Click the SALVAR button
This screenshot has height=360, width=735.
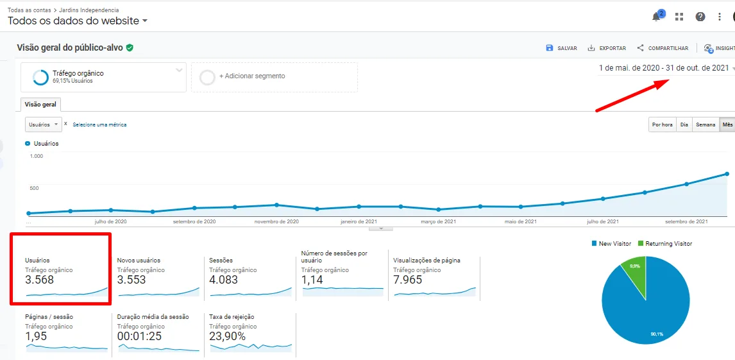pos(561,48)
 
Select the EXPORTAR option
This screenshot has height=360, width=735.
pos(607,48)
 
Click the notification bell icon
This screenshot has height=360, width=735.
pos(657,17)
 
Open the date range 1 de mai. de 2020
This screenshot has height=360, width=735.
pos(664,68)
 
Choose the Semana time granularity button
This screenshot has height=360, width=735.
pos(705,124)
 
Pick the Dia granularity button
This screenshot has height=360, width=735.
pos(684,124)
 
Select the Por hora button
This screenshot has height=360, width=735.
pos(662,124)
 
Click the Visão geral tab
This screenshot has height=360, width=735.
pos(40,105)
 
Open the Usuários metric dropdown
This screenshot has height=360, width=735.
pos(43,124)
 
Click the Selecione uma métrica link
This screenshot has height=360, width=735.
pos(99,124)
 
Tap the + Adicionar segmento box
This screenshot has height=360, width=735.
pos(274,76)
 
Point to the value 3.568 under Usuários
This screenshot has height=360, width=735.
pos(40,280)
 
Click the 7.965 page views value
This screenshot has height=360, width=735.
pos(408,280)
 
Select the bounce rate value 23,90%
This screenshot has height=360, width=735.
pos(228,336)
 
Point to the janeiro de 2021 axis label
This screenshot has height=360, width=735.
pos(359,221)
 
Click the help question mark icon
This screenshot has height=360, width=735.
pos(700,17)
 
